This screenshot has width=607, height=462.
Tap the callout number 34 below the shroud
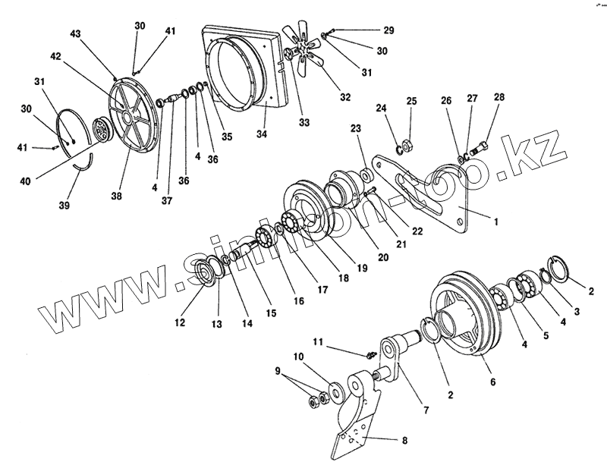point(263,135)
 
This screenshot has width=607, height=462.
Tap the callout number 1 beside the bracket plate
point(495,222)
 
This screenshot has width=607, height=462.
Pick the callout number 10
point(299,356)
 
